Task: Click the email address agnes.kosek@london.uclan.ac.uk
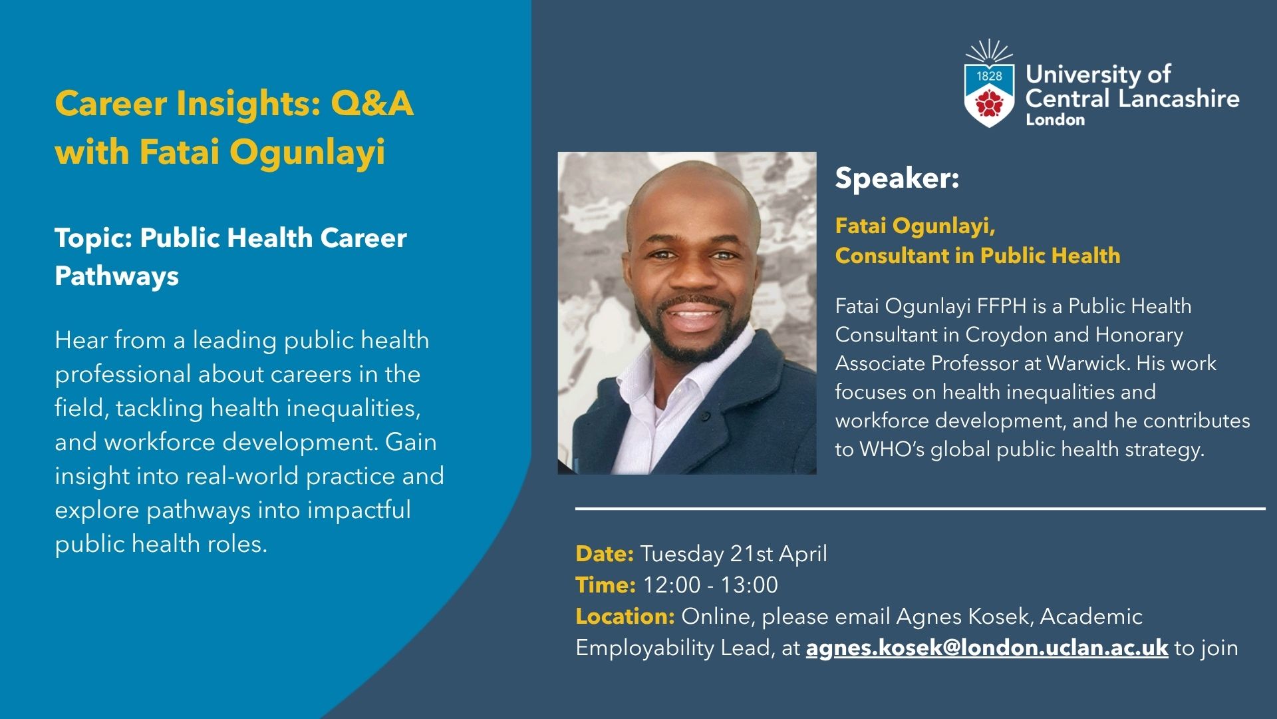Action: pyautogui.click(x=987, y=648)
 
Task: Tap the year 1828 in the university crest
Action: pyautogui.click(x=989, y=76)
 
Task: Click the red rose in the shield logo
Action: pyautogui.click(x=989, y=103)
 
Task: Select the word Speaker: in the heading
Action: pyautogui.click(x=897, y=178)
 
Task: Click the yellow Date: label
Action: pyautogui.click(x=605, y=554)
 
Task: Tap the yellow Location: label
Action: pyautogui.click(x=625, y=616)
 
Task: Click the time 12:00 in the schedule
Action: pyautogui.click(x=672, y=585)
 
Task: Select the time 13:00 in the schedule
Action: pyautogui.click(x=750, y=585)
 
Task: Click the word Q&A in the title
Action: pyautogui.click(x=372, y=104)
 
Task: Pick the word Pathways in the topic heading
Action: pyautogui.click(x=117, y=276)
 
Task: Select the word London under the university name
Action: pyautogui.click(x=1056, y=120)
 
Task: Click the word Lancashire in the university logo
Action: pyautogui.click(x=1179, y=99)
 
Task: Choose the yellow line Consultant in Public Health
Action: pyautogui.click(x=978, y=256)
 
